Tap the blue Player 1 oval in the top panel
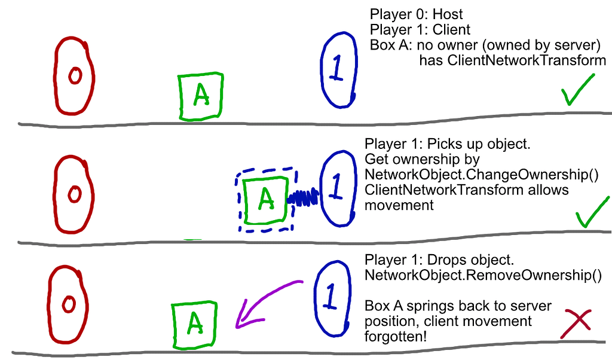(x=338, y=69)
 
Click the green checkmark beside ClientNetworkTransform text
(x=578, y=90)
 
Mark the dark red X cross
(x=576, y=323)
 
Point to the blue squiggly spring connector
(x=304, y=197)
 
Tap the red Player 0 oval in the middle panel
(x=74, y=194)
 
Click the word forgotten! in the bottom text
(x=395, y=337)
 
